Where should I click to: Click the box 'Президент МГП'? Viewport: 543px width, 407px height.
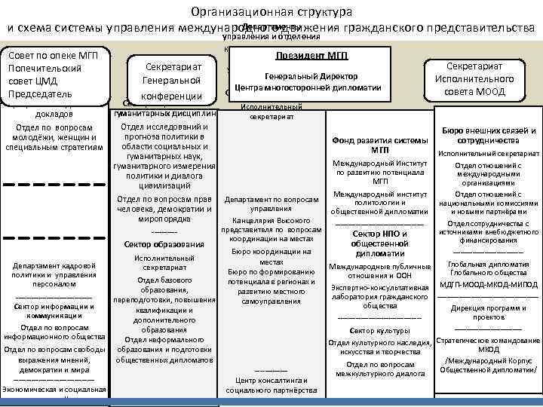point(311,56)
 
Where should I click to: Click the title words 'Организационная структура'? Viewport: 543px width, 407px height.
point(271,12)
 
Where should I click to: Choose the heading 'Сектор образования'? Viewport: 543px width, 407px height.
point(164,244)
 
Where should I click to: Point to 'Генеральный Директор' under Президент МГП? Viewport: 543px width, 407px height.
point(311,76)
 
